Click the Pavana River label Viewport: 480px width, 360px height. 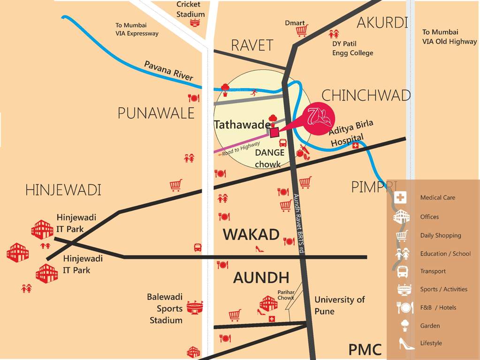(x=168, y=71)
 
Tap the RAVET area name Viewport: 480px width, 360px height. (x=252, y=45)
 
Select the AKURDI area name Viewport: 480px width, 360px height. (x=382, y=22)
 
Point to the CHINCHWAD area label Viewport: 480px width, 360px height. (x=366, y=96)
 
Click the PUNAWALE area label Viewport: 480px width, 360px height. (x=156, y=113)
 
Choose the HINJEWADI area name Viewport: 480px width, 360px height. (x=63, y=190)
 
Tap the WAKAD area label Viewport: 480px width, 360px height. (x=251, y=234)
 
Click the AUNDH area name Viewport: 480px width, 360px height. (x=261, y=277)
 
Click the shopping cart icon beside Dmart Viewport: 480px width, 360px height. (x=302, y=31)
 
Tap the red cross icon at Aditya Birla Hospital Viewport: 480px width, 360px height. (x=355, y=146)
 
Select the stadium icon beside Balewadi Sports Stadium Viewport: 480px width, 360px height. (x=195, y=307)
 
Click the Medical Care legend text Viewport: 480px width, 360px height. (x=437, y=197)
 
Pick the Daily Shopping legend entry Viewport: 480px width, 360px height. (x=441, y=235)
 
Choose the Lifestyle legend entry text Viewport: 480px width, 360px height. (x=431, y=343)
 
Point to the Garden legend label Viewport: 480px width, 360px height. (x=430, y=326)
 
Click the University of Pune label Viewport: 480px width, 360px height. (x=339, y=305)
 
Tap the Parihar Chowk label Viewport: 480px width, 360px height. (x=285, y=295)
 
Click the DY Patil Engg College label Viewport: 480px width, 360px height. (x=352, y=48)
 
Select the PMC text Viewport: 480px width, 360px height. (x=365, y=350)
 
